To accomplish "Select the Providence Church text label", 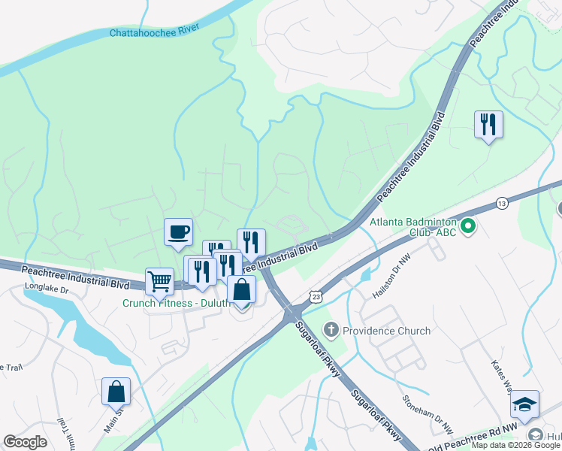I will pyautogui.click(x=386, y=331).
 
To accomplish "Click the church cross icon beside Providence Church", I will pyautogui.click(x=331, y=330).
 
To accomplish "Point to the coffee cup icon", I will pyautogui.click(x=179, y=232).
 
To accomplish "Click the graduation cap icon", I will pyautogui.click(x=524, y=404).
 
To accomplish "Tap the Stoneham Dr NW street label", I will pyautogui.click(x=428, y=415).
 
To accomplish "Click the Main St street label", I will pyautogui.click(x=112, y=421).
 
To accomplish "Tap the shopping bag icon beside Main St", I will pyautogui.click(x=116, y=391).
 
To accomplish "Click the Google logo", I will pyautogui.click(x=25, y=442).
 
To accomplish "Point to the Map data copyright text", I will pyautogui.click(x=515, y=445).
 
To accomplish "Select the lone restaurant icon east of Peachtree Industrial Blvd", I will pyautogui.click(x=488, y=124).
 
